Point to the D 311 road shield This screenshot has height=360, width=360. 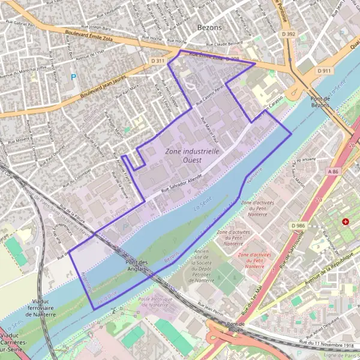158,61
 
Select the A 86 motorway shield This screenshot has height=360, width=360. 334,171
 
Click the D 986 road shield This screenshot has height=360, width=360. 299,225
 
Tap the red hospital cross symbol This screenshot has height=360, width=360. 346,222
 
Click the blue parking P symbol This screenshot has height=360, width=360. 74,77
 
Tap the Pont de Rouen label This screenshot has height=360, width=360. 235,328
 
